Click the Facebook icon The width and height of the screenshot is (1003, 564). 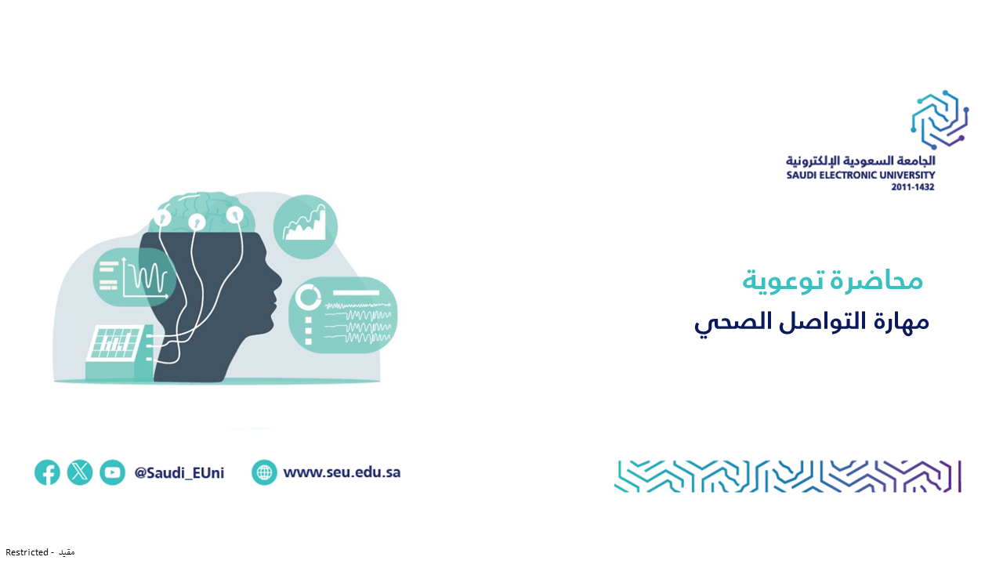(47, 472)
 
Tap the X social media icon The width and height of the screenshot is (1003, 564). (80, 472)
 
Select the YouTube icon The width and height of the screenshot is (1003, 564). (112, 472)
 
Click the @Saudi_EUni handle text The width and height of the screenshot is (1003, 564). (179, 472)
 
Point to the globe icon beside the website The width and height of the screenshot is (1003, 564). (264, 472)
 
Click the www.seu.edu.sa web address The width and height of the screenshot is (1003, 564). (342, 472)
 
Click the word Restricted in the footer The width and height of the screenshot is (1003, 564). (27, 552)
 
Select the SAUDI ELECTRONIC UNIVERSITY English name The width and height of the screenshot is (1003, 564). (860, 175)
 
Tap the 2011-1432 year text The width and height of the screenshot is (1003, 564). (913, 187)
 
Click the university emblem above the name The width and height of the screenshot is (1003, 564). (940, 120)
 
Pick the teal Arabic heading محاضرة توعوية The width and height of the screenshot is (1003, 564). (832, 281)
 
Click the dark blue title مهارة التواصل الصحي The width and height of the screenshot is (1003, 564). (811, 322)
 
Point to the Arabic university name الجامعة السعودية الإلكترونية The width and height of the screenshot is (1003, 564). (860, 161)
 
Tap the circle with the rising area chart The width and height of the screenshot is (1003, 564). (306, 226)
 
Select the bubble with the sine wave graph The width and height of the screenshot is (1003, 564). (134, 277)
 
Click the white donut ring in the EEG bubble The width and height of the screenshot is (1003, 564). (309, 297)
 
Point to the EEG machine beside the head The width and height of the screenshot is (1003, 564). (119, 352)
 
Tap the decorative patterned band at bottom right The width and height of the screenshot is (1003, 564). (788, 476)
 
